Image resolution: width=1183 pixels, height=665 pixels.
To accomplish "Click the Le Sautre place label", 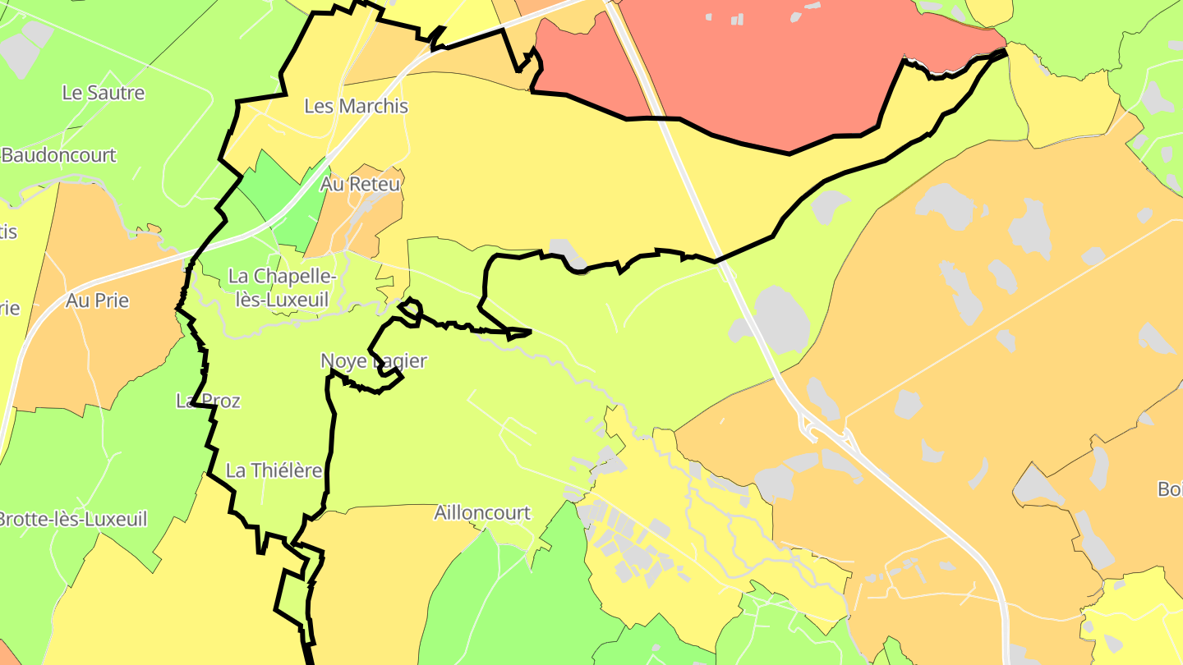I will coord(104,93).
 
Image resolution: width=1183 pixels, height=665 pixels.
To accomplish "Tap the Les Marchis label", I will coord(356,106).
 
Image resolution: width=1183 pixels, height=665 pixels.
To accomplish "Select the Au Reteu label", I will coord(361,184).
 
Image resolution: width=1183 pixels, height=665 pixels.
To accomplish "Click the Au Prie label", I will coord(98,300).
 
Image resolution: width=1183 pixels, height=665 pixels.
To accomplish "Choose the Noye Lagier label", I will coord(374,360).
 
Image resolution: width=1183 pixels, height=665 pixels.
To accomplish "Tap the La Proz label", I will coord(208,401).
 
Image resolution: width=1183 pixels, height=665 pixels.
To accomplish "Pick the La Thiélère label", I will coord(274,470).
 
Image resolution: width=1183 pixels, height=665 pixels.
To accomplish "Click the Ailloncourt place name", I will coord(482,513).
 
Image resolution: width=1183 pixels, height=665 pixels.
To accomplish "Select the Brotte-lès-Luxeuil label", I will coord(72,519).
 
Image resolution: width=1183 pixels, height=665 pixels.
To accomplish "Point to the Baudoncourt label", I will coord(59,155).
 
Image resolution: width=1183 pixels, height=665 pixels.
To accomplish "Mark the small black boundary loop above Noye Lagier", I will coord(411,310).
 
